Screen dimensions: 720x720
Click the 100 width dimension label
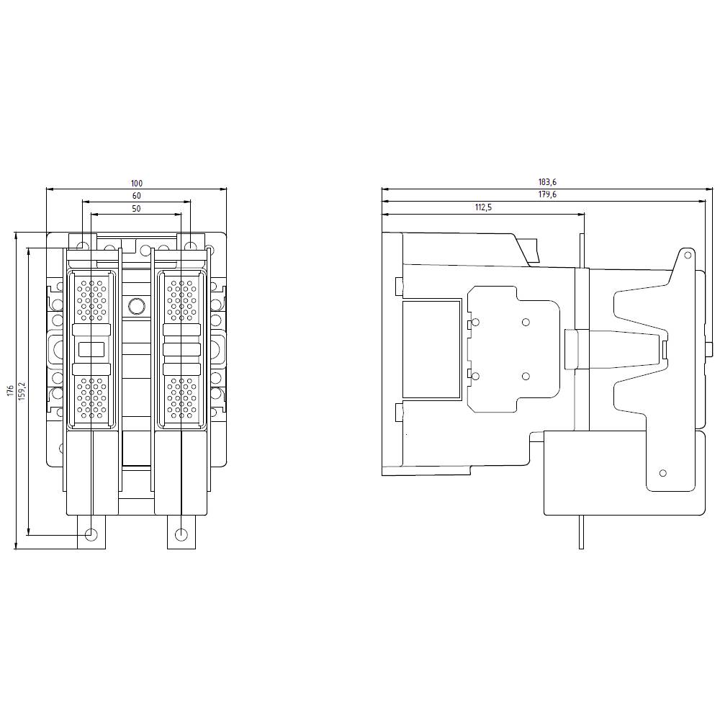point(136,184)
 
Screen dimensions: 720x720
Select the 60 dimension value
point(136,196)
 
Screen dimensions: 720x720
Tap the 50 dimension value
point(136,208)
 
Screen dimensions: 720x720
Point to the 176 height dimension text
point(10,390)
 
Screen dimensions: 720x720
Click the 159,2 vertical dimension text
point(22,390)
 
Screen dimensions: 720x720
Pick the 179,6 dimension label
point(548,195)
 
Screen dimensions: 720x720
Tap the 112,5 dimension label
point(483,207)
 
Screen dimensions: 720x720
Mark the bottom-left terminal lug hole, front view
point(91,534)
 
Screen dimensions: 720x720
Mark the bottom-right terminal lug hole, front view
point(181,534)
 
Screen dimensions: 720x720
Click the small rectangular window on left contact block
point(91,350)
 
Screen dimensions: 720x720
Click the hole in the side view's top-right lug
point(687,255)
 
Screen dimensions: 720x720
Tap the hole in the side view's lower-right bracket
point(663,473)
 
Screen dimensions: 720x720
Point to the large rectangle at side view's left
point(431,349)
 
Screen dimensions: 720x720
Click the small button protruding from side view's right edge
point(710,350)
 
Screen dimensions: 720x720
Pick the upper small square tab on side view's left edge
point(399,287)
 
